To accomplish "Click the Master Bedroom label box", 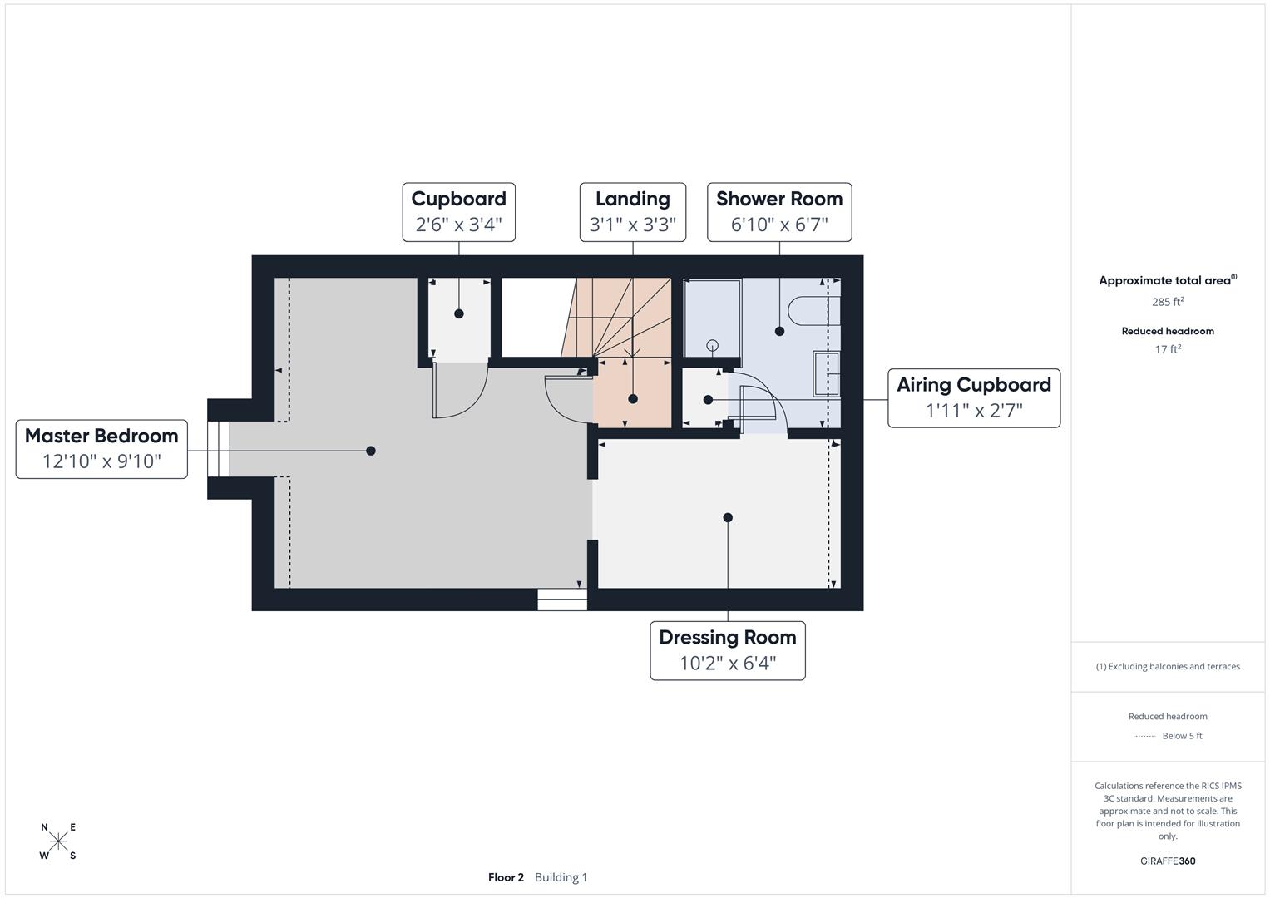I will coord(101,449).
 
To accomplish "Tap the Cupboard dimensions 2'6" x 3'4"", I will coord(458,224).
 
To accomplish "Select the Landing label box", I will coord(632,212).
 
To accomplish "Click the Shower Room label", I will coord(779,200).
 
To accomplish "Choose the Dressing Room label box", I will coord(727,650).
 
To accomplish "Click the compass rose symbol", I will coord(58,841).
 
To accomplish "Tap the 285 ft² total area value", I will coord(1167,302).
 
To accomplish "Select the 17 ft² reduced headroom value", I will coord(1167,349).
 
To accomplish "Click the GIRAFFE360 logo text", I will coord(1167,861).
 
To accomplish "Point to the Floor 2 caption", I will coord(506,877).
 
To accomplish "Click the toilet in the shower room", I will coord(811,310).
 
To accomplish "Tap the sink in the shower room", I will coord(827,373).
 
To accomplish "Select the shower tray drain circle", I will coord(712,345).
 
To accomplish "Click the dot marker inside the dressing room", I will coord(728,517).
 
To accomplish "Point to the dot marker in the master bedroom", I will coord(371,451).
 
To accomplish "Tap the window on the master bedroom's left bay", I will coord(218,449).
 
